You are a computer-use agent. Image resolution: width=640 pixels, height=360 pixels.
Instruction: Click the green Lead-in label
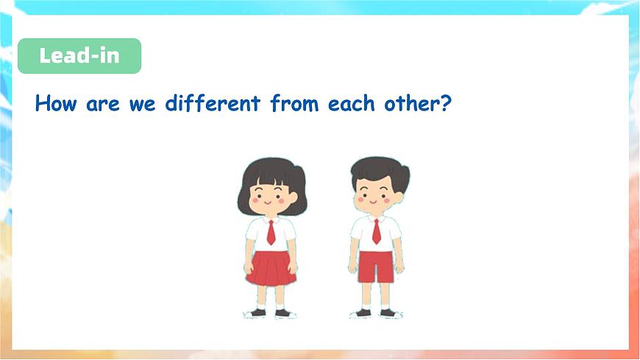pyautogui.click(x=79, y=56)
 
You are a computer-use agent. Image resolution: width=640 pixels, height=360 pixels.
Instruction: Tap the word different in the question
pyautogui.click(x=212, y=103)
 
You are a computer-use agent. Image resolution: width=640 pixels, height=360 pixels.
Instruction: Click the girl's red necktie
pyautogui.click(x=271, y=233)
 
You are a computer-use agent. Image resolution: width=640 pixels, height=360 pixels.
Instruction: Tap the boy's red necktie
pyautogui.click(x=377, y=231)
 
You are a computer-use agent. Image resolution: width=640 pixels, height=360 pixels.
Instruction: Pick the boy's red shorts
pyautogui.click(x=376, y=266)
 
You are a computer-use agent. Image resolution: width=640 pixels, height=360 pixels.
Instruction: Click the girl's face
pyautogui.click(x=270, y=195)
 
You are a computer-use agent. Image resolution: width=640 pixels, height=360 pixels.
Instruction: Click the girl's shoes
pyautogui.click(x=270, y=313)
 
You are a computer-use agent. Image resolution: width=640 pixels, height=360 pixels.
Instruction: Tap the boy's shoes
pyautogui.click(x=377, y=313)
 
